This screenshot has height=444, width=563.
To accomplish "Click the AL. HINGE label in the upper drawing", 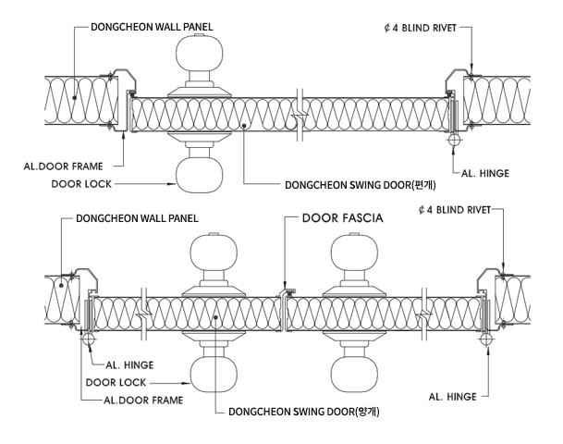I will (483, 171).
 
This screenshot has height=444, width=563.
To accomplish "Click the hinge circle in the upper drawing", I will (454, 141).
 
